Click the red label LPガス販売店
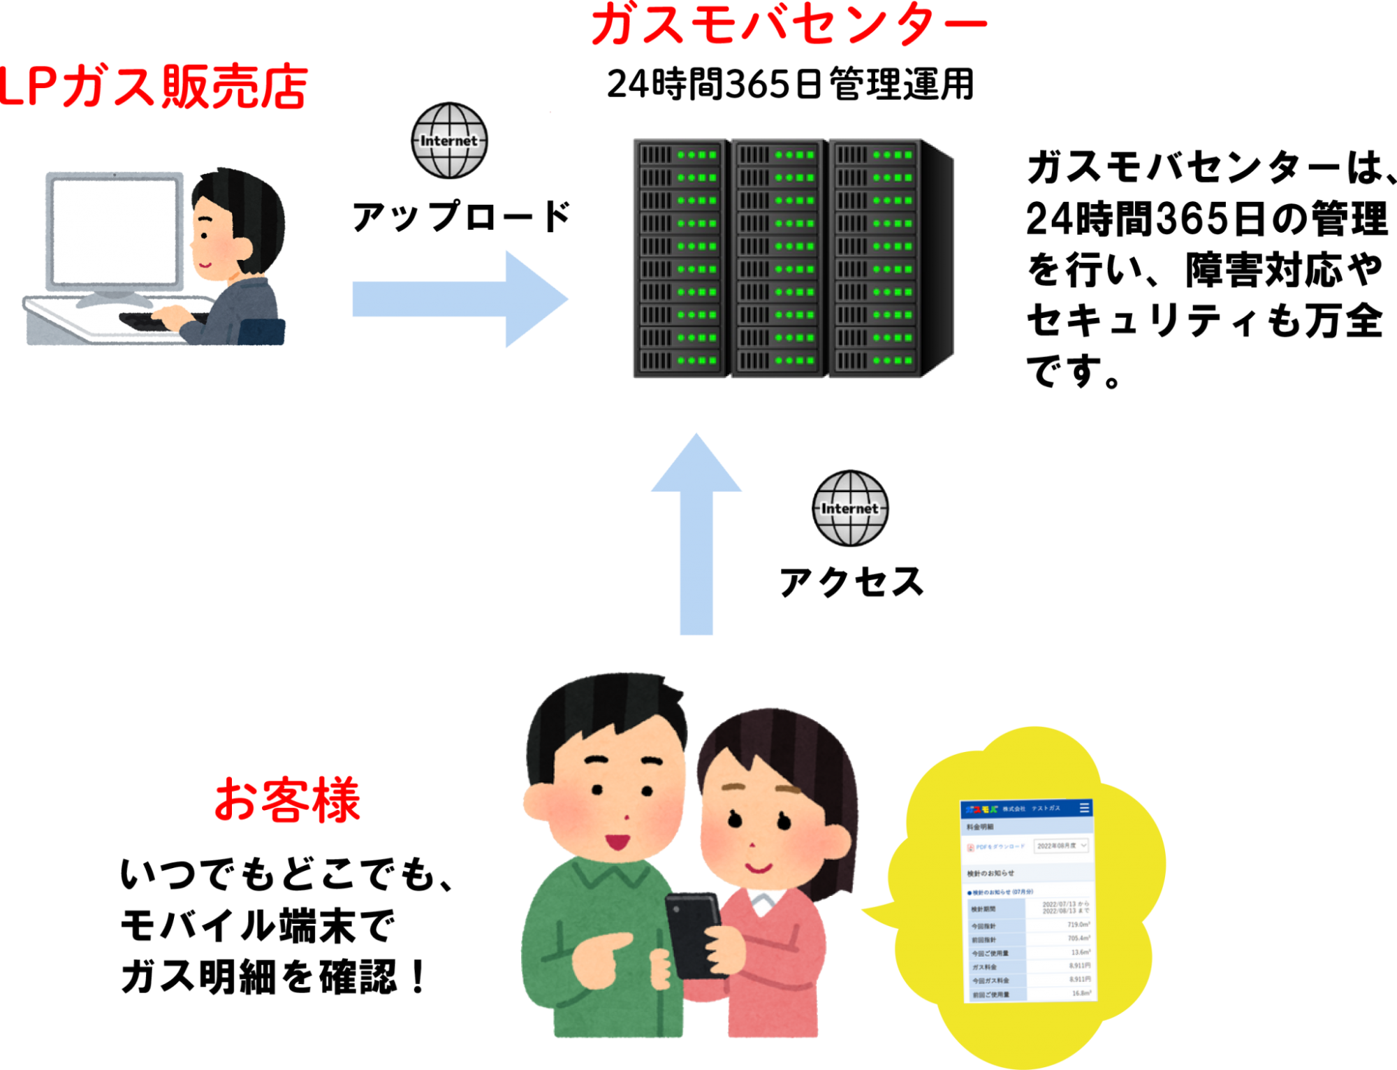pyautogui.click(x=154, y=87)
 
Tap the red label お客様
pyautogui.click(x=287, y=800)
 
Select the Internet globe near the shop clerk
pyautogui.click(x=449, y=140)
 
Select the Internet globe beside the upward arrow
pyautogui.click(x=850, y=508)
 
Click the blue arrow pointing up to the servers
pyautogui.click(x=696, y=531)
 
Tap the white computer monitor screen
pyautogui.click(x=115, y=231)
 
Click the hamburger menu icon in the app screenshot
pyautogui.click(x=1084, y=808)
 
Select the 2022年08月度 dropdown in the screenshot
pyautogui.click(x=1061, y=846)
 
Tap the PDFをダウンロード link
pyautogui.click(x=1000, y=847)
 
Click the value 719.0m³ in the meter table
pyautogui.click(x=1078, y=925)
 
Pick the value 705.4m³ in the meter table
pyautogui.click(x=1078, y=939)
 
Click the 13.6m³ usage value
pyautogui.click(x=1081, y=953)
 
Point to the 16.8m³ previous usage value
pyautogui.click(x=1081, y=993)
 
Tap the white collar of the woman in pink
pyautogui.click(x=765, y=902)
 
